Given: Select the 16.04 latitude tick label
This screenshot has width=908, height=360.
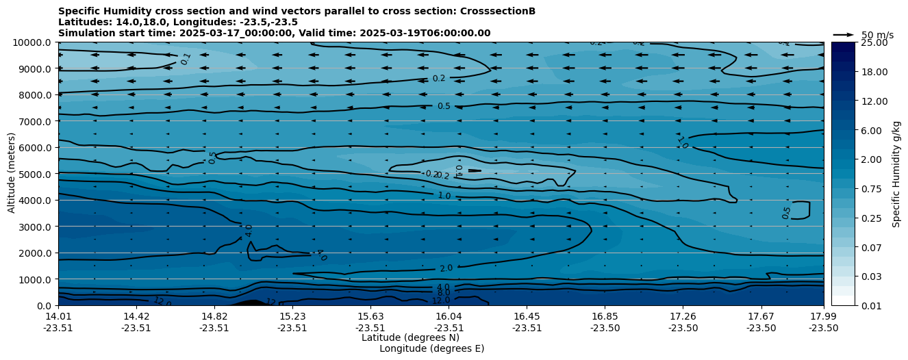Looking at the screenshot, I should pos(449,316).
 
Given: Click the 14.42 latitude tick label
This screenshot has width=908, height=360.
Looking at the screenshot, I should pos(136,316).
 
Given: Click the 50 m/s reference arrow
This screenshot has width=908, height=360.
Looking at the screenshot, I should pos(844,34).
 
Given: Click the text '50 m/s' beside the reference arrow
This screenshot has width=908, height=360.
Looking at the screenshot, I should pos(877,35).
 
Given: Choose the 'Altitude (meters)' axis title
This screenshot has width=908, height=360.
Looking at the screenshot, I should pos(12,174).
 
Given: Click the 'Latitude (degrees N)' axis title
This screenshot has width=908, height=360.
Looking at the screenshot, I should pos(410,337).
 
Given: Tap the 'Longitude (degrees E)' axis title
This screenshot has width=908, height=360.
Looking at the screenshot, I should pos(431,348).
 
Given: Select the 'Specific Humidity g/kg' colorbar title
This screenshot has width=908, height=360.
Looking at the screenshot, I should pos(897,174).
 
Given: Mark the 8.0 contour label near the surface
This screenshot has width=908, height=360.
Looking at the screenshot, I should pos(443,293).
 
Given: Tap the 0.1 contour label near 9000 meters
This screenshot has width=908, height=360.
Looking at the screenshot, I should pos(186,60).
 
